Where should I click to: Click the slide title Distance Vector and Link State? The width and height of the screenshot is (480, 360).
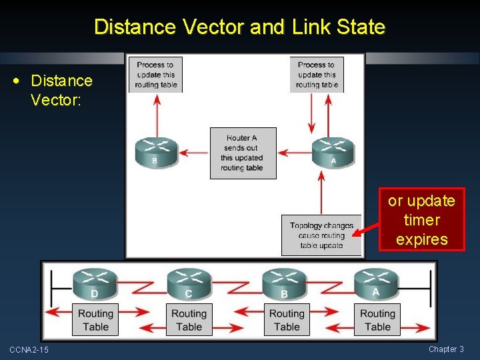tap(239, 27)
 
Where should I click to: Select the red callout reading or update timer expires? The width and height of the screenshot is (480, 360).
tap(421, 220)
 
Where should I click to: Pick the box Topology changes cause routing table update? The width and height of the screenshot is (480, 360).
tap(321, 235)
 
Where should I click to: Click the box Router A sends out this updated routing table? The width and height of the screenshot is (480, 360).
tap(242, 153)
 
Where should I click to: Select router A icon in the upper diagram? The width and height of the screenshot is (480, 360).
tap(333, 151)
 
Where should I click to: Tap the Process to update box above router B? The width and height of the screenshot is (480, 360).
tap(155, 75)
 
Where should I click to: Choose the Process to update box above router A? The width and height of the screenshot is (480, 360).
tap(317, 75)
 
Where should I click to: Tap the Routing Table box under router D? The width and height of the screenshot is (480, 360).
tap(95, 320)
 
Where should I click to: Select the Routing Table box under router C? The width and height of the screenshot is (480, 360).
tap(189, 320)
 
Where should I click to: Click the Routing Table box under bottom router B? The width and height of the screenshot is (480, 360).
tap(287, 320)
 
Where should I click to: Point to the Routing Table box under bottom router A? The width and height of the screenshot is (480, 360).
tap(377, 320)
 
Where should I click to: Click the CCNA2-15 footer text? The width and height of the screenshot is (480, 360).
tap(29, 350)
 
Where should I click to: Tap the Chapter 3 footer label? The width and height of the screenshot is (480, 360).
tap(446, 349)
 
